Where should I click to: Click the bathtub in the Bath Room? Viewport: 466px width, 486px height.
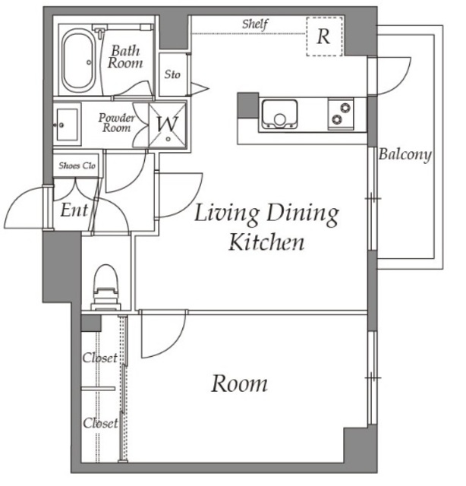(x=78, y=61)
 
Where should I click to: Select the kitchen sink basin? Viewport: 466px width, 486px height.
(x=279, y=114)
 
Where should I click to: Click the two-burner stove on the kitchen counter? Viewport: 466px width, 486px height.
(x=341, y=114)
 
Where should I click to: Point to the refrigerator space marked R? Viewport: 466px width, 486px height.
(x=324, y=36)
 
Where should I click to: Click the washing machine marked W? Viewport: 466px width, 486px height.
(x=167, y=125)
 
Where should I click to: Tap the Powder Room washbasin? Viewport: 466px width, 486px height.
(x=67, y=125)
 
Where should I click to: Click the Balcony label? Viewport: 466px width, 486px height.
(x=405, y=154)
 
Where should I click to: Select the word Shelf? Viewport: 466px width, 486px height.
(x=255, y=24)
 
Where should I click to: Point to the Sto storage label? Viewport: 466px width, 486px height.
(x=172, y=74)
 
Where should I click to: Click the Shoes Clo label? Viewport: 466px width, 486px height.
(x=77, y=166)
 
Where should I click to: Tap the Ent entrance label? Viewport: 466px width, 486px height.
(x=74, y=210)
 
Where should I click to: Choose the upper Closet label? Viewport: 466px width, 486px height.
(x=99, y=358)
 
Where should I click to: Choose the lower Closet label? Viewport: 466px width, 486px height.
(x=100, y=423)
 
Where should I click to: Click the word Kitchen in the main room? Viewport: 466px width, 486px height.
(x=266, y=242)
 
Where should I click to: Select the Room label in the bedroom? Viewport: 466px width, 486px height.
(x=239, y=383)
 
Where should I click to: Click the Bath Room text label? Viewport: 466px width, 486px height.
(x=125, y=57)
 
